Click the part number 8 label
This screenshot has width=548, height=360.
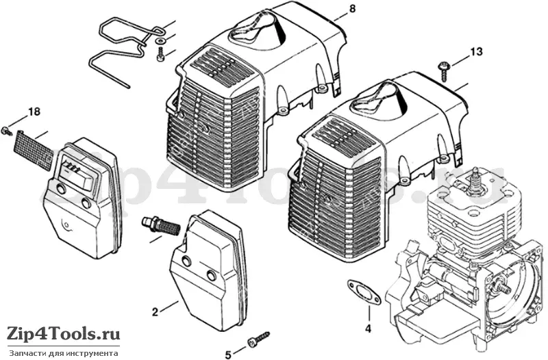[x=352, y=8]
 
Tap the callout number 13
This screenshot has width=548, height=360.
[x=476, y=52]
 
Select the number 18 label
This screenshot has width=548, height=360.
[x=34, y=112]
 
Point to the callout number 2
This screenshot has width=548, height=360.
[x=155, y=312]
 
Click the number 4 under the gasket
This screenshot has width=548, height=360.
[x=368, y=329]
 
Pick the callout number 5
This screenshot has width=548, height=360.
[x=228, y=355]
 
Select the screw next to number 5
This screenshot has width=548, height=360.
[x=259, y=338]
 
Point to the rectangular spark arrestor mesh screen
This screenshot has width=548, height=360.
[x=32, y=149]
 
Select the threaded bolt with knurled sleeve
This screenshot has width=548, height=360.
[x=161, y=226]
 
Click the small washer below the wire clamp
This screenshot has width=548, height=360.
[x=160, y=41]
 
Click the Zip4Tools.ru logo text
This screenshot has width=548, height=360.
[x=63, y=334]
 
